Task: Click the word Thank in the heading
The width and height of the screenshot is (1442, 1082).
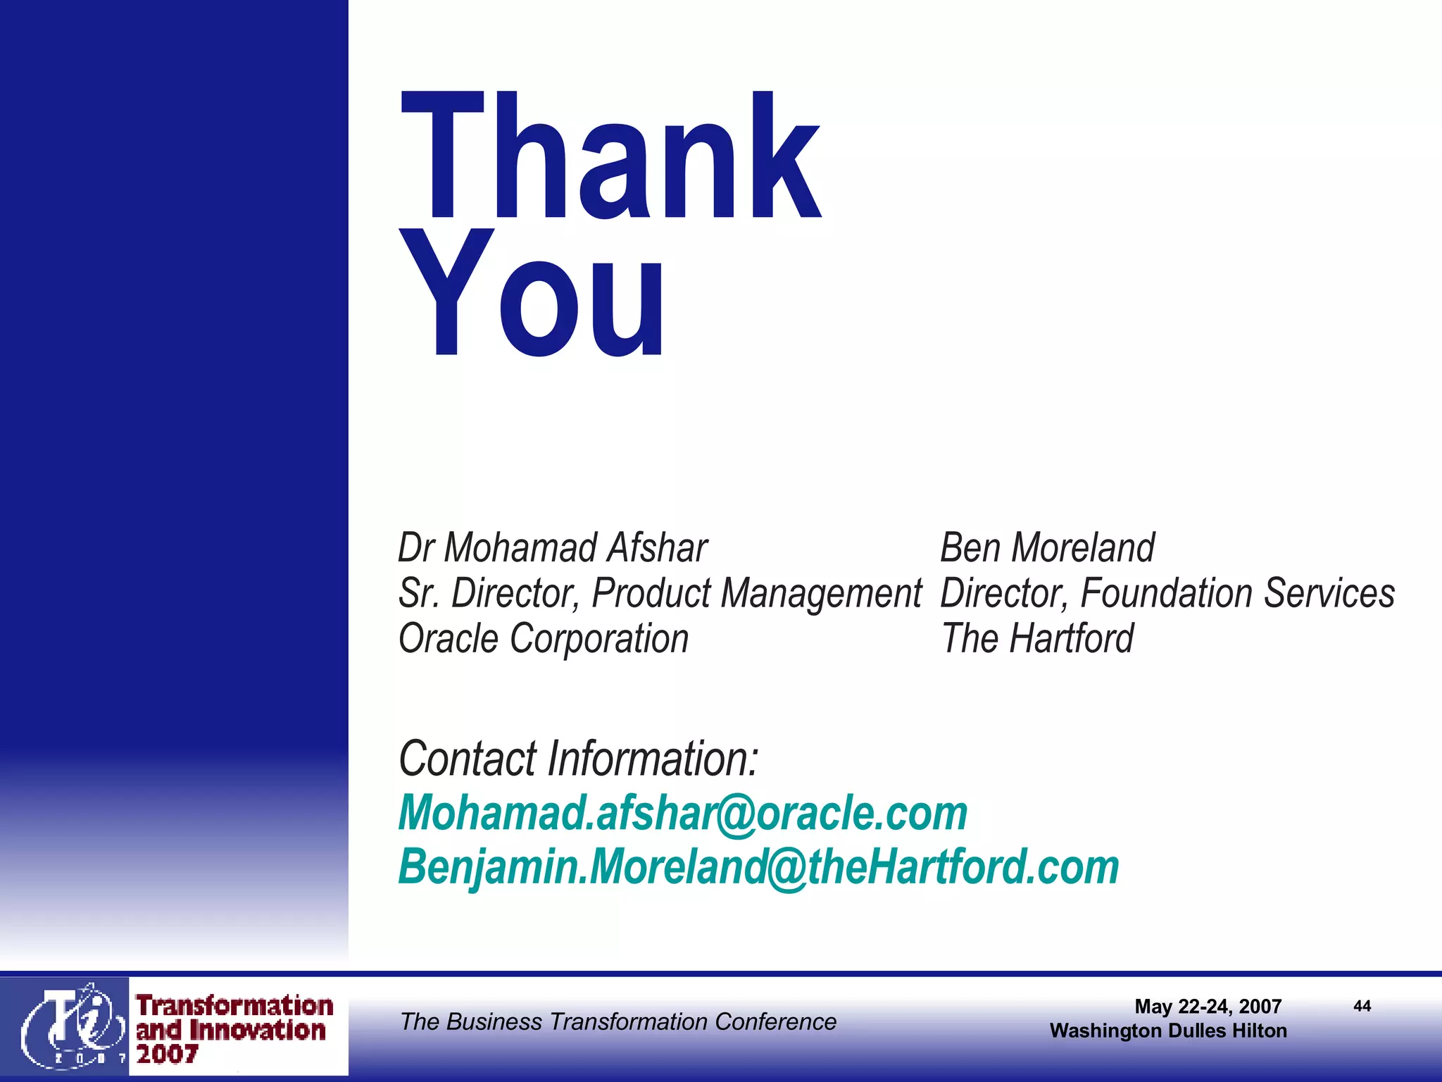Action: pyautogui.click(x=610, y=156)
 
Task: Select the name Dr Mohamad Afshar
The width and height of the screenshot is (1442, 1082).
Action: pyautogui.click(x=552, y=548)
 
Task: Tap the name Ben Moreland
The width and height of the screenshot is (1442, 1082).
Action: pyautogui.click(x=1047, y=548)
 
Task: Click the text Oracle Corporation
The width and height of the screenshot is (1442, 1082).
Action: pyautogui.click(x=543, y=639)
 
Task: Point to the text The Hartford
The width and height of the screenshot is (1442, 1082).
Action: pyautogui.click(x=1037, y=639)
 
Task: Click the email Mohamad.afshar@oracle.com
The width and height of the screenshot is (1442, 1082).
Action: pyautogui.click(x=682, y=813)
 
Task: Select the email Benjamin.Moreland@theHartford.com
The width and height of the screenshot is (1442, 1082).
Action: pyautogui.click(x=758, y=867)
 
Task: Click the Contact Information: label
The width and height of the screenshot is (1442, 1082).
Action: pyautogui.click(x=578, y=759)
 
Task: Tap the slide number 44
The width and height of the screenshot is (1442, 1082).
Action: pyautogui.click(x=1362, y=1006)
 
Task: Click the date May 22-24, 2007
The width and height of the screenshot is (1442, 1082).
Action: pyautogui.click(x=1208, y=1007)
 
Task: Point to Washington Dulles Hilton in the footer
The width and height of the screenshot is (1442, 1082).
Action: pyautogui.click(x=1168, y=1031)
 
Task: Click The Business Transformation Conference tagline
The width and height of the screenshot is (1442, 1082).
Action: pyautogui.click(x=617, y=1021)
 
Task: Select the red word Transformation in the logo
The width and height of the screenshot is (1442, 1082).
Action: pyautogui.click(x=234, y=1006)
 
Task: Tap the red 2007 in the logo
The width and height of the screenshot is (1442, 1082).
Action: pyautogui.click(x=167, y=1055)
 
